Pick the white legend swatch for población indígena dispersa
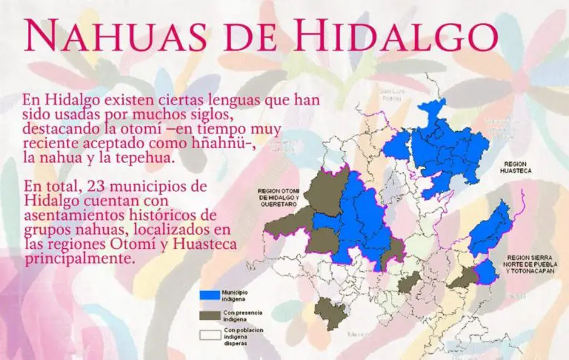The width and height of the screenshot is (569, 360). click(210, 335)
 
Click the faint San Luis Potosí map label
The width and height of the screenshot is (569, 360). click(390, 96)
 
